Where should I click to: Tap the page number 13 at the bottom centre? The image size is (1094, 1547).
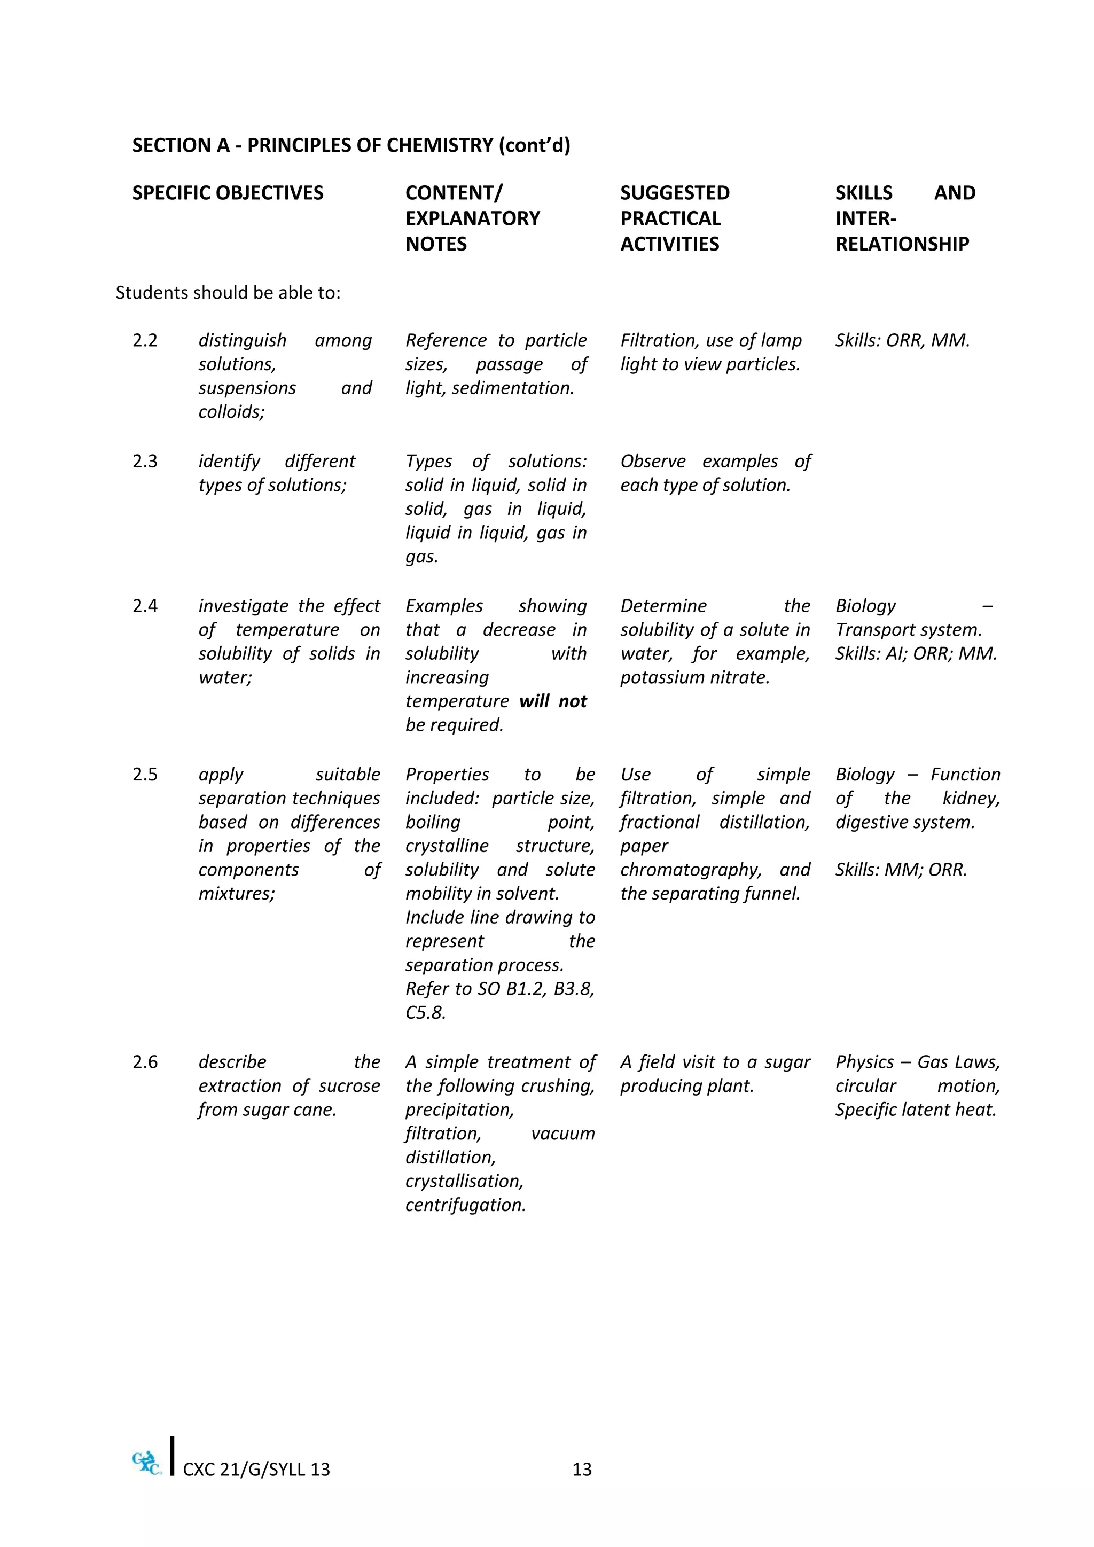pyautogui.click(x=581, y=1469)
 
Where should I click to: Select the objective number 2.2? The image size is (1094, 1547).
pyautogui.click(x=145, y=340)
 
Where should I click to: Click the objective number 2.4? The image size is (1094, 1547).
pyautogui.click(x=145, y=606)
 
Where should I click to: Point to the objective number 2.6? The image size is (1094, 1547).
pyautogui.click(x=145, y=1062)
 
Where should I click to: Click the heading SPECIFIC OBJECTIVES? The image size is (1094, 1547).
pyautogui.click(x=228, y=193)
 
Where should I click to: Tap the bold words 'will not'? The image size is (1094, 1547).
pyautogui.click(x=553, y=701)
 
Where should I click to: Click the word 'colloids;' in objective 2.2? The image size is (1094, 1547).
pyautogui.click(x=232, y=412)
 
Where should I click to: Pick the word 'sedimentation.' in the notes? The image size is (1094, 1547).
pyautogui.click(x=513, y=388)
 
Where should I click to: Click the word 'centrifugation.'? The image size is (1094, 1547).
pyautogui.click(x=465, y=1205)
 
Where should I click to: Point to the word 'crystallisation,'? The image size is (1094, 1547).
pyautogui.click(x=464, y=1181)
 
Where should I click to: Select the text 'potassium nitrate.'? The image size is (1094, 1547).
pyautogui.click(x=694, y=677)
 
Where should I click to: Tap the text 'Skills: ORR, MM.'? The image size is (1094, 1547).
pyautogui.click(x=902, y=340)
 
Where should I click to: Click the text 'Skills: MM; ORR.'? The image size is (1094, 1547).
pyautogui.click(x=901, y=870)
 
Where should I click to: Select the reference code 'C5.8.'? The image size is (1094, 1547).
pyautogui.click(x=426, y=1013)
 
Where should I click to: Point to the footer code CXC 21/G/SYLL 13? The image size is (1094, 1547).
pyautogui.click(x=256, y=1469)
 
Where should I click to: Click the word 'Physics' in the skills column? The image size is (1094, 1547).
pyautogui.click(x=864, y=1062)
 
